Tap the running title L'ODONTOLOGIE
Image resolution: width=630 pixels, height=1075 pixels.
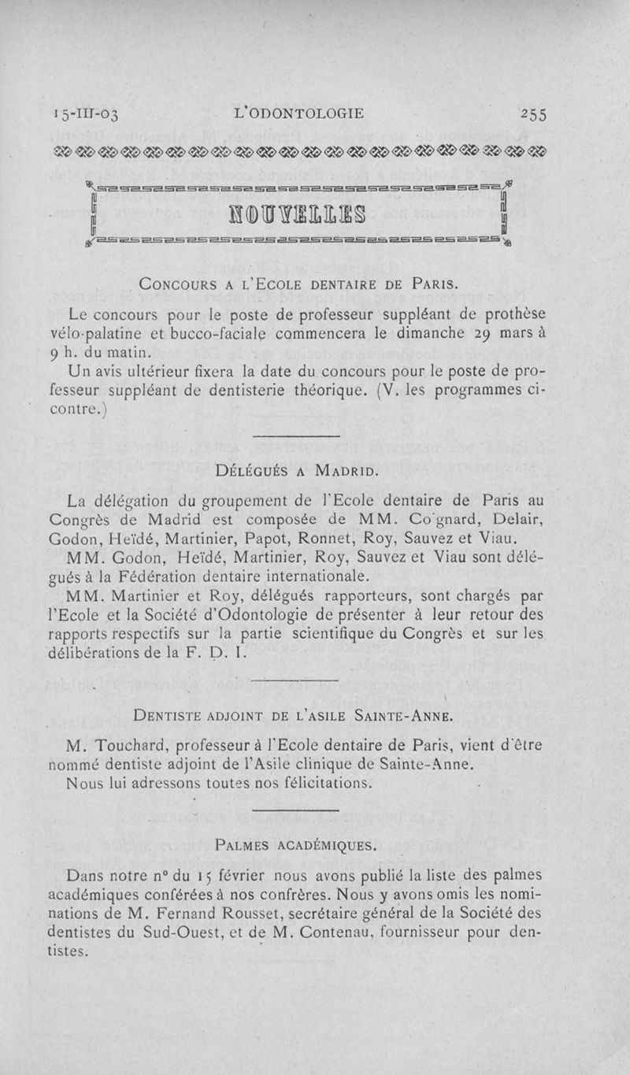coord(299,114)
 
